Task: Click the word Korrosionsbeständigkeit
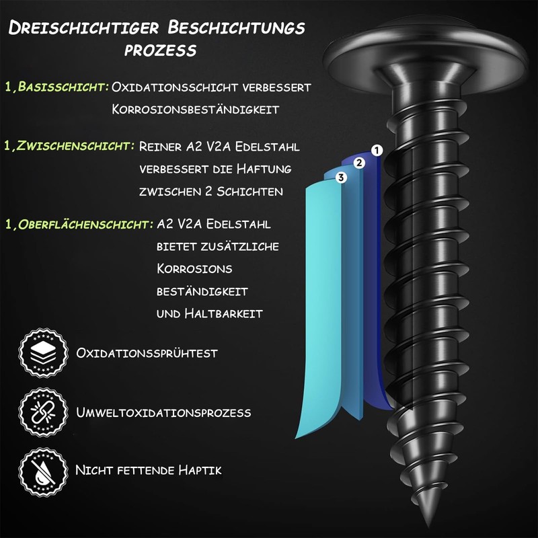[195, 109]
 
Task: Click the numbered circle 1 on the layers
[377, 151]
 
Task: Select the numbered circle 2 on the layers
[359, 163]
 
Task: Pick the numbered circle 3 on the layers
[341, 178]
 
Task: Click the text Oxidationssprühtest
[147, 353]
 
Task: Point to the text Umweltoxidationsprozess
[163, 412]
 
